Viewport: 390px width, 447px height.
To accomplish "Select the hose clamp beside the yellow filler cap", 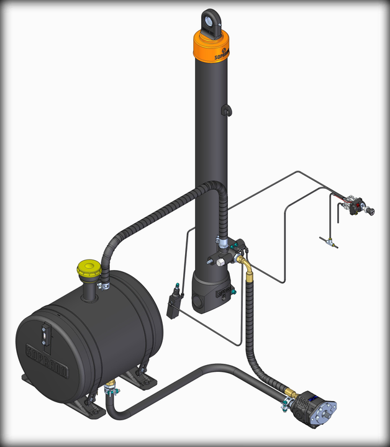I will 103,286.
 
